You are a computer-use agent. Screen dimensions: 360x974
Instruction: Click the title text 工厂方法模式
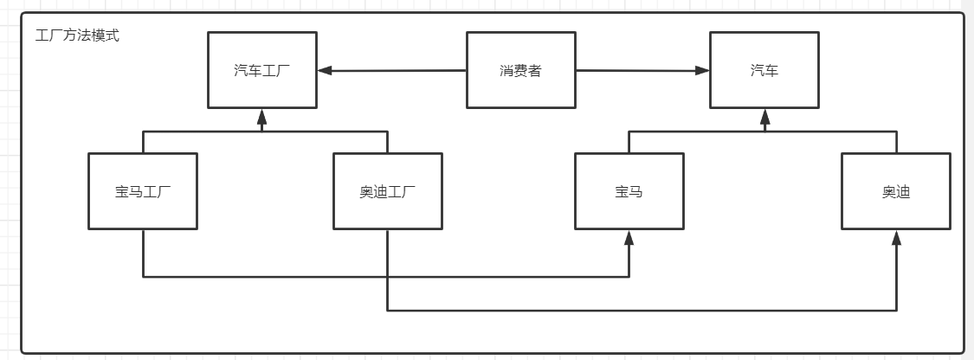(77, 36)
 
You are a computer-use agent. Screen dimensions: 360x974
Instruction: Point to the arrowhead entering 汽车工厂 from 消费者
(324, 70)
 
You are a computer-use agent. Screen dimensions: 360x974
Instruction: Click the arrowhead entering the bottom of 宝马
(629, 237)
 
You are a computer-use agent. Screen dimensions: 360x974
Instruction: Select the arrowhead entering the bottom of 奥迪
(896, 237)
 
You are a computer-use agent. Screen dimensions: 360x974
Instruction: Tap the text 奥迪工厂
(387, 191)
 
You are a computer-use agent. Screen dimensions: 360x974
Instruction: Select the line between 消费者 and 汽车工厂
(394, 70)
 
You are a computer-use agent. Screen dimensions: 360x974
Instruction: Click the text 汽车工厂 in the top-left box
(261, 70)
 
